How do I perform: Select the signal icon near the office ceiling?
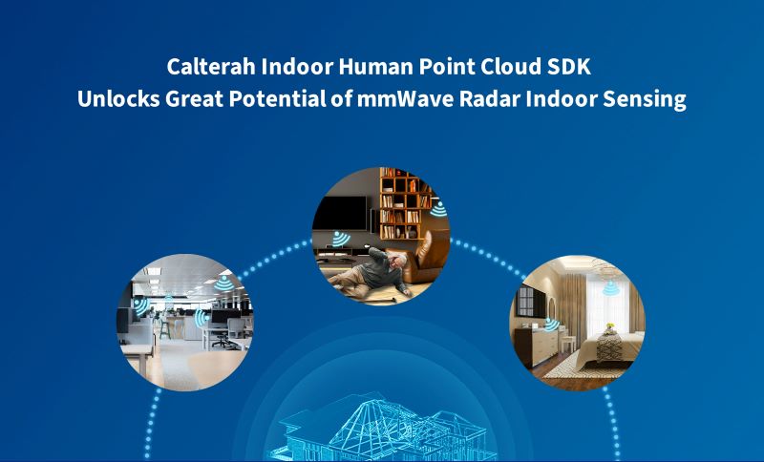222,283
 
